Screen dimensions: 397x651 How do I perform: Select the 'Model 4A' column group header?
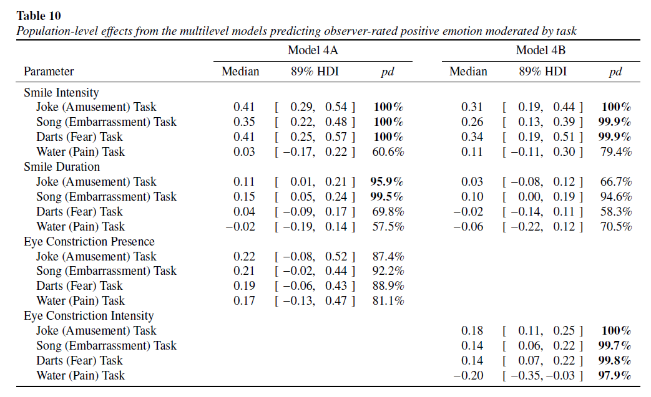click(x=313, y=50)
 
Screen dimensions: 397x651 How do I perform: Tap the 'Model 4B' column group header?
click(x=541, y=50)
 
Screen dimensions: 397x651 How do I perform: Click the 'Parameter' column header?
click(x=49, y=72)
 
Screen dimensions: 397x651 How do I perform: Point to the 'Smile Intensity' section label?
click(x=61, y=92)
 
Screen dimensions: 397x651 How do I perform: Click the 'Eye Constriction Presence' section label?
click(x=89, y=241)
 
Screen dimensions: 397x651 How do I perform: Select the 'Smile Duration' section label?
click(x=62, y=167)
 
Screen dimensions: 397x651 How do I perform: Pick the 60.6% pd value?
click(x=388, y=152)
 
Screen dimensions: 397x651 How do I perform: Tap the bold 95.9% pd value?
click(x=387, y=182)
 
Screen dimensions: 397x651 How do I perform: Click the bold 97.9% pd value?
click(x=614, y=375)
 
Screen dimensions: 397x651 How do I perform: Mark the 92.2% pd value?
click(x=388, y=271)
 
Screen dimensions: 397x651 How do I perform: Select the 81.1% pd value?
click(x=388, y=301)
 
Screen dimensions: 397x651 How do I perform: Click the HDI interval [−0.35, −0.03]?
click(x=542, y=375)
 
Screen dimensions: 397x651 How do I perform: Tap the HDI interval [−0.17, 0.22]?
click(x=315, y=152)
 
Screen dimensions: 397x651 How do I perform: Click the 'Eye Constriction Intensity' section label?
click(x=89, y=316)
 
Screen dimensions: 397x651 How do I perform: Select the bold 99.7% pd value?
click(x=614, y=346)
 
